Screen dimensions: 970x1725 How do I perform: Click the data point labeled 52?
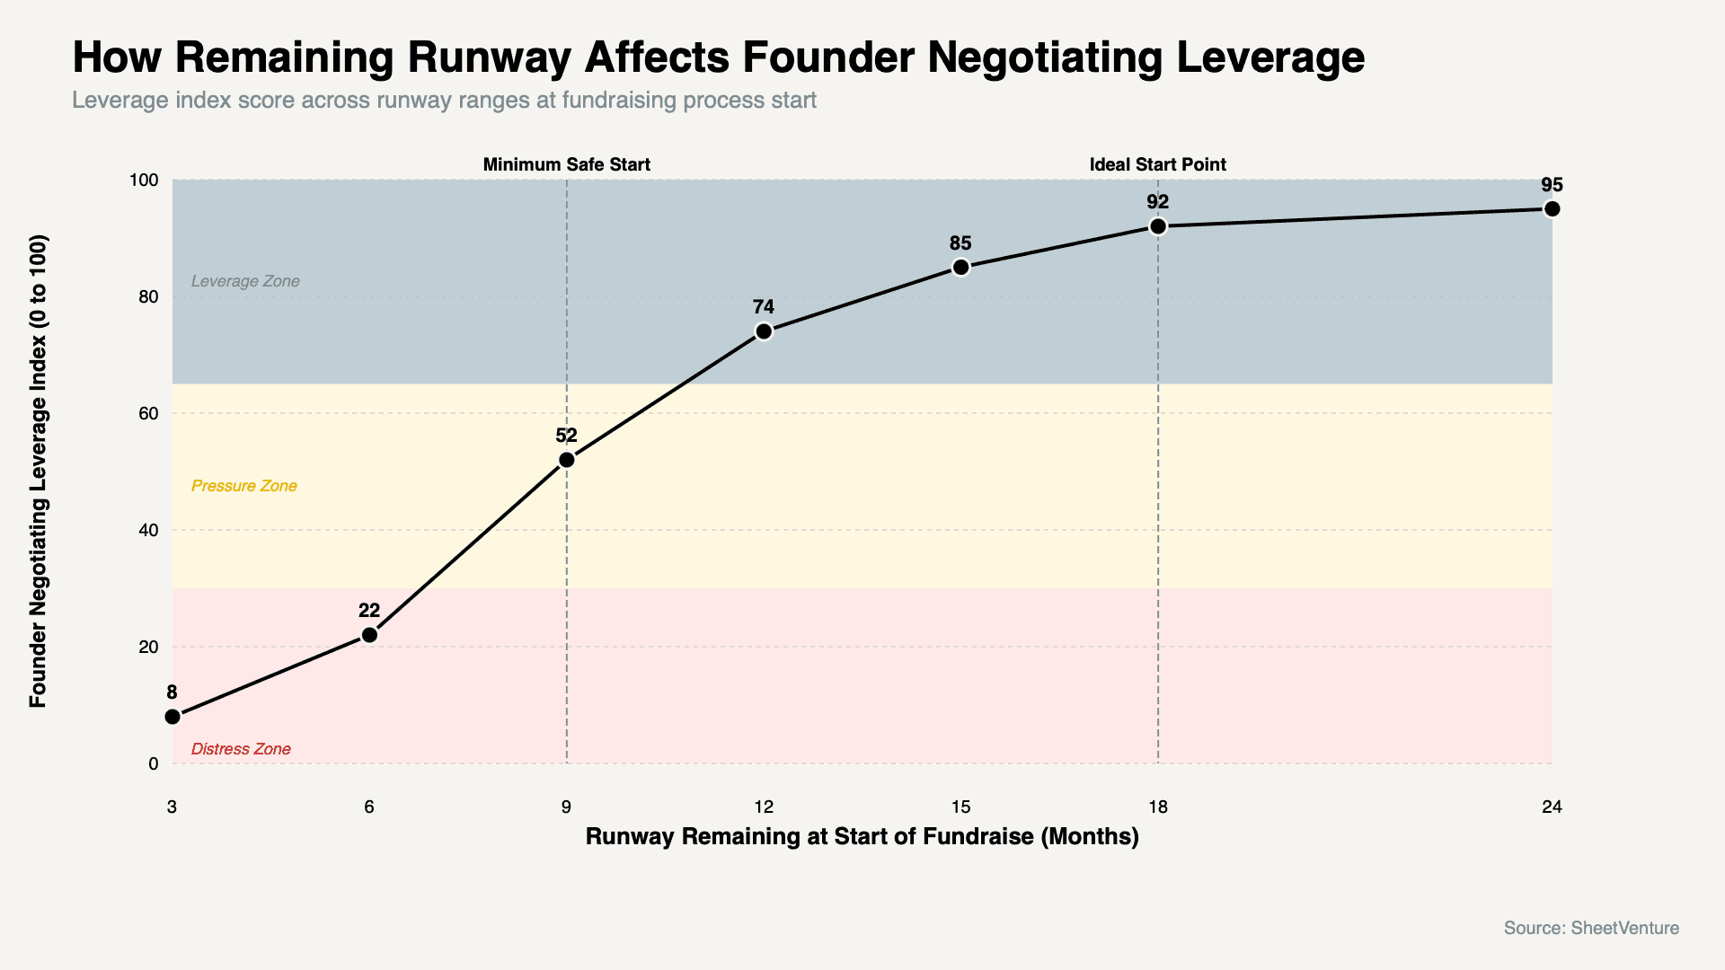[567, 460]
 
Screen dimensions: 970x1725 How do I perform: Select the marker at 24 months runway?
[1552, 209]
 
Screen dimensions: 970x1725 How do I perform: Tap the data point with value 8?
[172, 717]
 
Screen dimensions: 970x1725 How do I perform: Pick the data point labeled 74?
[764, 331]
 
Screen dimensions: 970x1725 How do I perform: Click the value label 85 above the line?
[960, 243]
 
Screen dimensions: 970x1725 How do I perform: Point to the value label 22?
[369, 611]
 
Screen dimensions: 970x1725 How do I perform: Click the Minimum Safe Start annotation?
[566, 164]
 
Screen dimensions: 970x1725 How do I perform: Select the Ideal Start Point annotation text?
[1157, 164]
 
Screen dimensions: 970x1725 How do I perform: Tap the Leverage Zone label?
[245, 281]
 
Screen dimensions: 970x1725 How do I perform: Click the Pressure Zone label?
[244, 486]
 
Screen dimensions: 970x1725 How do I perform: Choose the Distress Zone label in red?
[241, 749]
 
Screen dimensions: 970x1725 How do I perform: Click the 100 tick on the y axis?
[144, 181]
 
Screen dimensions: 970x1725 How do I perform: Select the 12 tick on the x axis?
[764, 807]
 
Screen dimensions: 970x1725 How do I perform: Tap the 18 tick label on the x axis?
[1158, 807]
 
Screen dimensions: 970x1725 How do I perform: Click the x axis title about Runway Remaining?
[862, 836]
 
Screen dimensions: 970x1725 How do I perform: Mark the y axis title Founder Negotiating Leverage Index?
[38, 472]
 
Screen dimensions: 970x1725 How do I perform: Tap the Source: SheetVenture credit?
[1591, 928]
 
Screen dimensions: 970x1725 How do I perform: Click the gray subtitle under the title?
[444, 100]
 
